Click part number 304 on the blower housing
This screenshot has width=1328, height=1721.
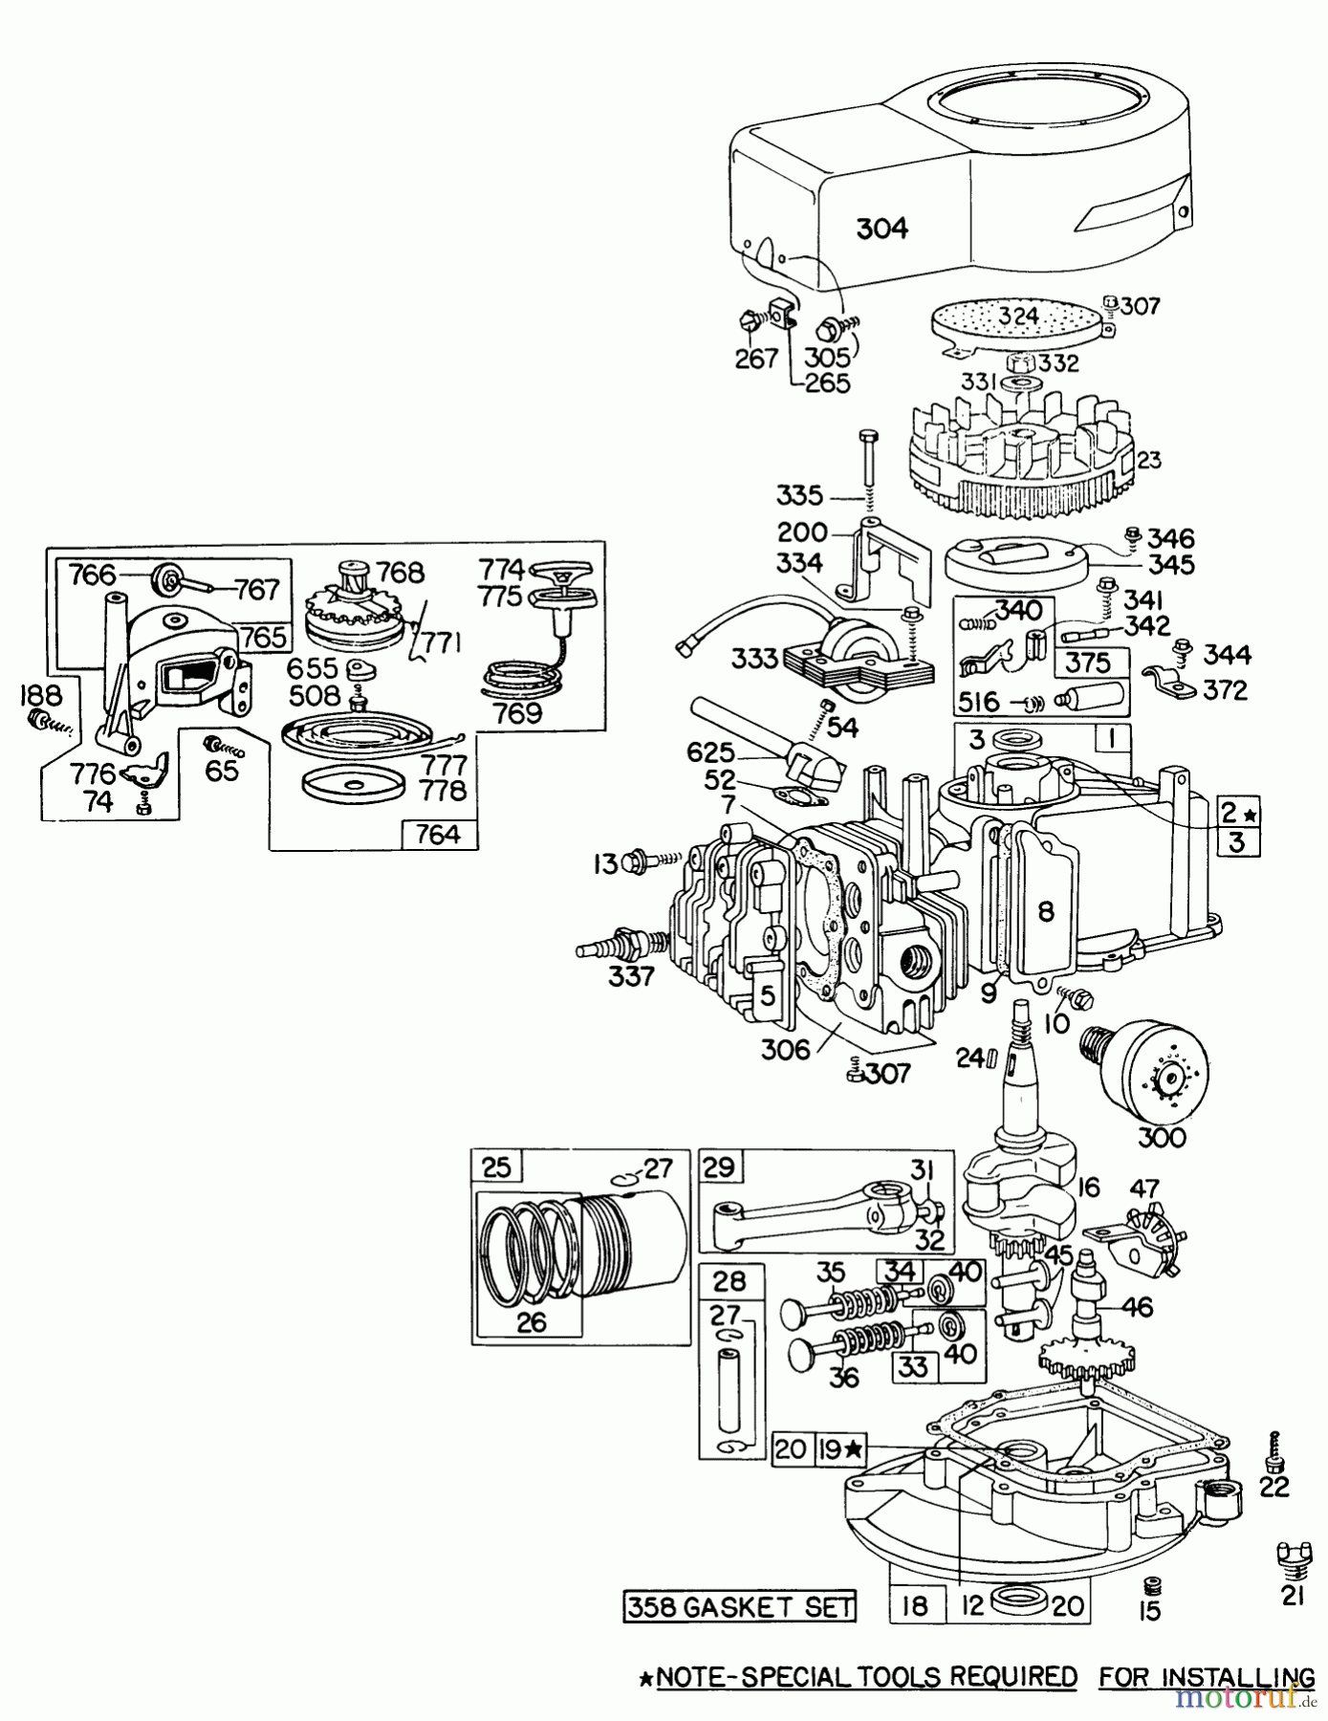coord(882,229)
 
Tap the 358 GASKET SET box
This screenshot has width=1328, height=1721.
coord(738,1605)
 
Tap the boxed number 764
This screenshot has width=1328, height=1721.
coord(439,835)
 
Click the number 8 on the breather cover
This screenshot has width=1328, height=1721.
coord(1046,911)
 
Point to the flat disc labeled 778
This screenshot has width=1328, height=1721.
coord(354,784)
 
